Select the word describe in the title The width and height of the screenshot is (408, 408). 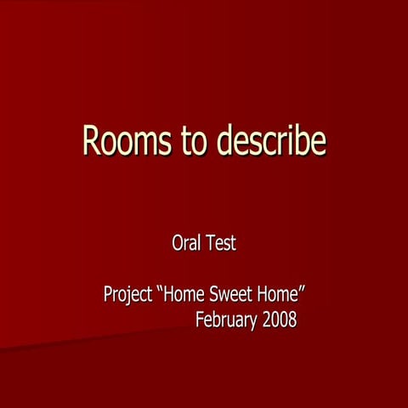(x=271, y=140)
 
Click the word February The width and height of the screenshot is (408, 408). (x=225, y=321)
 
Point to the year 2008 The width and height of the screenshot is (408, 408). (x=279, y=320)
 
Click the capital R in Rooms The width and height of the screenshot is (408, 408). (x=92, y=140)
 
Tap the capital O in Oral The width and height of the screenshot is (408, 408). (x=178, y=243)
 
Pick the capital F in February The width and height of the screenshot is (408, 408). (x=200, y=320)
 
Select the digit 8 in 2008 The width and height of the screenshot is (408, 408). (x=292, y=320)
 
